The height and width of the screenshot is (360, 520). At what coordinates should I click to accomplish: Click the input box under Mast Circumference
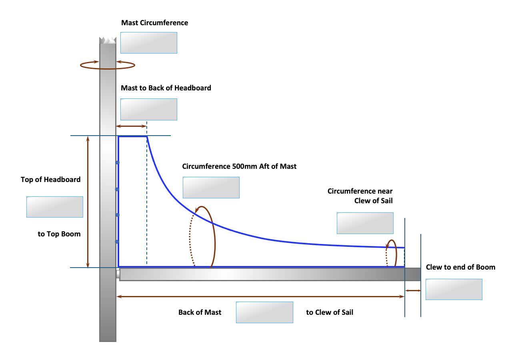coord(149,43)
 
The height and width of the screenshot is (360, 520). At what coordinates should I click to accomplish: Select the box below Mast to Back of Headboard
coord(149,109)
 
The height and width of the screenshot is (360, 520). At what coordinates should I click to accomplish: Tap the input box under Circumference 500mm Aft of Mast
coord(211,188)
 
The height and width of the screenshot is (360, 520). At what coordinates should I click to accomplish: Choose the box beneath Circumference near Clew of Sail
coord(365,223)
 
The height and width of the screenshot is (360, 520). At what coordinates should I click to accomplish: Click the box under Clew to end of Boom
coord(454,290)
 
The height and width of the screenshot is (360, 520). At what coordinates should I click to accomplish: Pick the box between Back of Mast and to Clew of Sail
coord(264,312)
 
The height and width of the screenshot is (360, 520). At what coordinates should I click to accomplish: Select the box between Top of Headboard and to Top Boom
coord(55,207)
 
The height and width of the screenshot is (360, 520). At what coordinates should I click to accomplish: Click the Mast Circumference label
coord(155,23)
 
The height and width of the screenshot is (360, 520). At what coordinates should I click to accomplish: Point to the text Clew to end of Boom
coord(460,267)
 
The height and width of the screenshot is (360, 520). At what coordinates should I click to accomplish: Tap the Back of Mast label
coord(200,312)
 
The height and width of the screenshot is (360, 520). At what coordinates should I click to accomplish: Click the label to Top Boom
coord(59,234)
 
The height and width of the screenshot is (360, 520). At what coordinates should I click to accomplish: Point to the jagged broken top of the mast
coord(108,40)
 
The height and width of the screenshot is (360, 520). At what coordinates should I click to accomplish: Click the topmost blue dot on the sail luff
coord(118,162)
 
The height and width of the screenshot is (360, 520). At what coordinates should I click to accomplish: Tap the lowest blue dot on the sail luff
coord(117,242)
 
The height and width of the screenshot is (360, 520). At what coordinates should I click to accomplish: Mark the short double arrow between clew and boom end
coord(413,290)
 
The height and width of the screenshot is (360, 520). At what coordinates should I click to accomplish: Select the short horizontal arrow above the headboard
coord(131,126)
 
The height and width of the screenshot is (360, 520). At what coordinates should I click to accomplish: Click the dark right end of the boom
coord(413,274)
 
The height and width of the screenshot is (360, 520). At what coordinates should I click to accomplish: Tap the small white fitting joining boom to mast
coord(118,274)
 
